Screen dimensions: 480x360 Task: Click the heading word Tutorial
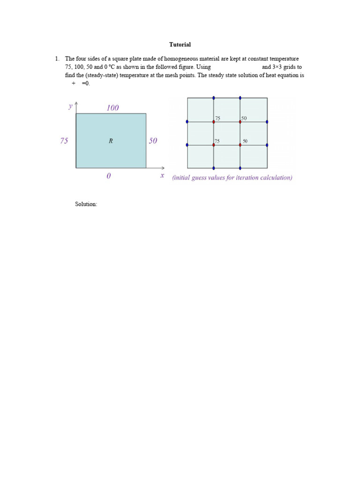[180, 45]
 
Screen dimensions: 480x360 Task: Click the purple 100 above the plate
[112, 108]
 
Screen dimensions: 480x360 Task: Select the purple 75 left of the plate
[64, 141]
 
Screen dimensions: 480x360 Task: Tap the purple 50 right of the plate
[153, 141]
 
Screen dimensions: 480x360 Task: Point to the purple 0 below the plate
[109, 176]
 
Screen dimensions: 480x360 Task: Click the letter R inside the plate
[111, 141]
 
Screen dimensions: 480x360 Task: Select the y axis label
[70, 106]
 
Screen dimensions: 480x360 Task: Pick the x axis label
[162, 175]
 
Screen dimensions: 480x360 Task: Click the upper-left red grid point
[214, 122]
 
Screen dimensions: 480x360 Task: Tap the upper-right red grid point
[240, 122]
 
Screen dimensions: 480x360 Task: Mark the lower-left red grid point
[214, 145]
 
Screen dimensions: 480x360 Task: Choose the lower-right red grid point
[240, 145]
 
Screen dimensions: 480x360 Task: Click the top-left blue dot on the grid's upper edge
[214, 98]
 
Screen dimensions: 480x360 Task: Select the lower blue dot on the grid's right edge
[267, 145]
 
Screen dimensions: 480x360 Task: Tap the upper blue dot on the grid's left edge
[187, 122]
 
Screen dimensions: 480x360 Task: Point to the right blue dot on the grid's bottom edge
[240, 168]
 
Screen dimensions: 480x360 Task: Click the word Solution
[86, 204]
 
